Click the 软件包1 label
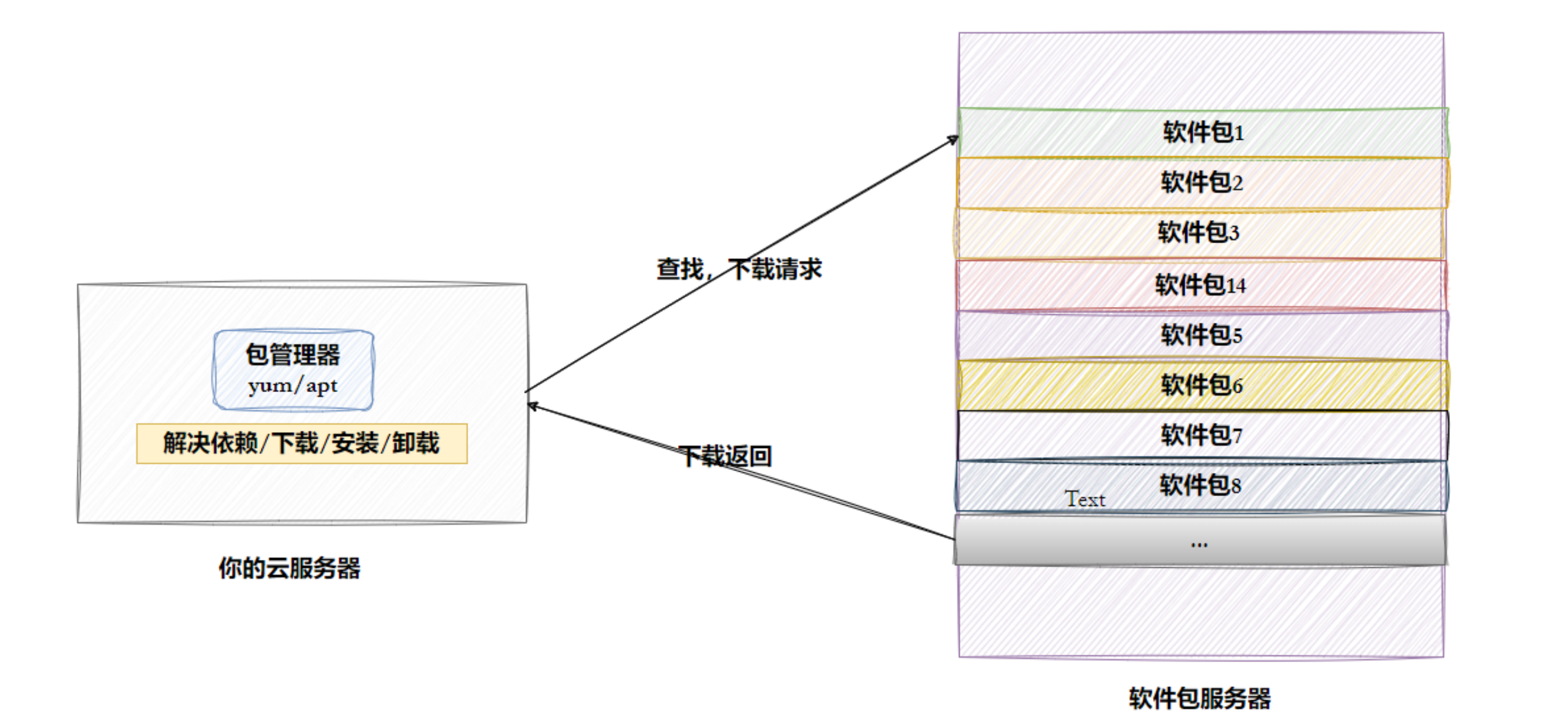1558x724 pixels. [1203, 132]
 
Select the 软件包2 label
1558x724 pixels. [1202, 182]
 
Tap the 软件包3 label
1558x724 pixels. [1198, 232]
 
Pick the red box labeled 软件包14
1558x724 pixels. [1200, 284]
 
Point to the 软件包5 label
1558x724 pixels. [1201, 335]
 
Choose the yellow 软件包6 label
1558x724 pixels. [1202, 385]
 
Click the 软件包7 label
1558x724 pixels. [1201, 435]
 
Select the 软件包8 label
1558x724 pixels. [1200, 485]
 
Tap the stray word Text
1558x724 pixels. [1084, 499]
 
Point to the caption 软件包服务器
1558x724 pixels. [1199, 698]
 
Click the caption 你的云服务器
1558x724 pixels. [289, 568]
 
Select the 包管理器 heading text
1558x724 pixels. [293, 354]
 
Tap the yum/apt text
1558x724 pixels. [293, 385]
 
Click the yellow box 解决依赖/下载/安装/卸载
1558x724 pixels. [302, 443]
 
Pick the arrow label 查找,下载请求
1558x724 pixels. [739, 269]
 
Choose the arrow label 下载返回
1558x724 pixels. [725, 456]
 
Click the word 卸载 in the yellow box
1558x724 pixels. [415, 443]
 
